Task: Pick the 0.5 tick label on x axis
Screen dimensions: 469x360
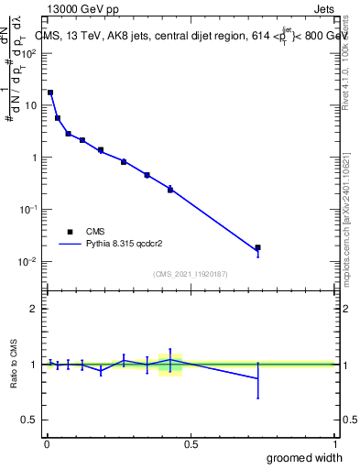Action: pos(191,444)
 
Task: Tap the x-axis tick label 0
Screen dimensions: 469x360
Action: pos(47,444)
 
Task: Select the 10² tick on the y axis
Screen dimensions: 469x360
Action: pos(30,53)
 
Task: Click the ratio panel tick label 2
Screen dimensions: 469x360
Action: pos(35,309)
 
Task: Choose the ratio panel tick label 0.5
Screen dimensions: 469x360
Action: pos(31,420)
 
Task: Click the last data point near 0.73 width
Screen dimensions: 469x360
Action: pos(257,247)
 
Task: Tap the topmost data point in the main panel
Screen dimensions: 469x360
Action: pos(50,93)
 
